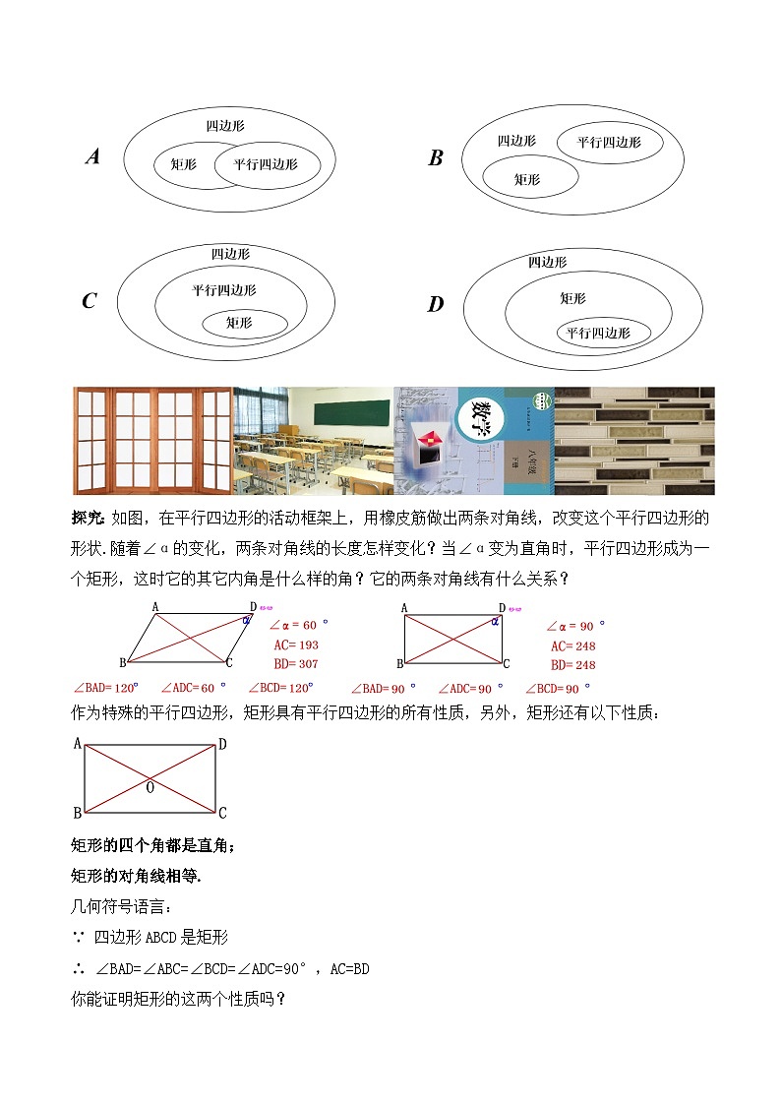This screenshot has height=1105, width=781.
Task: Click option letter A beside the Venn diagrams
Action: click(93, 155)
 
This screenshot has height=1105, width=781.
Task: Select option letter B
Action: click(436, 158)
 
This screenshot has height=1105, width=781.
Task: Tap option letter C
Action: click(90, 301)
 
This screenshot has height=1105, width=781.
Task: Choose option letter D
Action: click(435, 304)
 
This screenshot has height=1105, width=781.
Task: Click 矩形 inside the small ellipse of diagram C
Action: click(239, 322)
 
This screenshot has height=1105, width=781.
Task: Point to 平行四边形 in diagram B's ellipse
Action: click(609, 143)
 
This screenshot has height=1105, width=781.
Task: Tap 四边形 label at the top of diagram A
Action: click(225, 126)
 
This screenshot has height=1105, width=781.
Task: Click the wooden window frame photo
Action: click(152, 440)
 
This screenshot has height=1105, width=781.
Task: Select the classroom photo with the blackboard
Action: click(313, 440)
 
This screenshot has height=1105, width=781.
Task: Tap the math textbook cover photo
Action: click(473, 440)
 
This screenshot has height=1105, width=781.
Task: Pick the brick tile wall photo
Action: click(634, 440)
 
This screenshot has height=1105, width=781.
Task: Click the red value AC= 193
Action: click(295, 645)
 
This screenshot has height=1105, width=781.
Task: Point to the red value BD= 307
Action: click(295, 664)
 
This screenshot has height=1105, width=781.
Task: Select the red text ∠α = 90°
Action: click(575, 626)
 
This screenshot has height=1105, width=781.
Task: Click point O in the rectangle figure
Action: click(150, 787)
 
